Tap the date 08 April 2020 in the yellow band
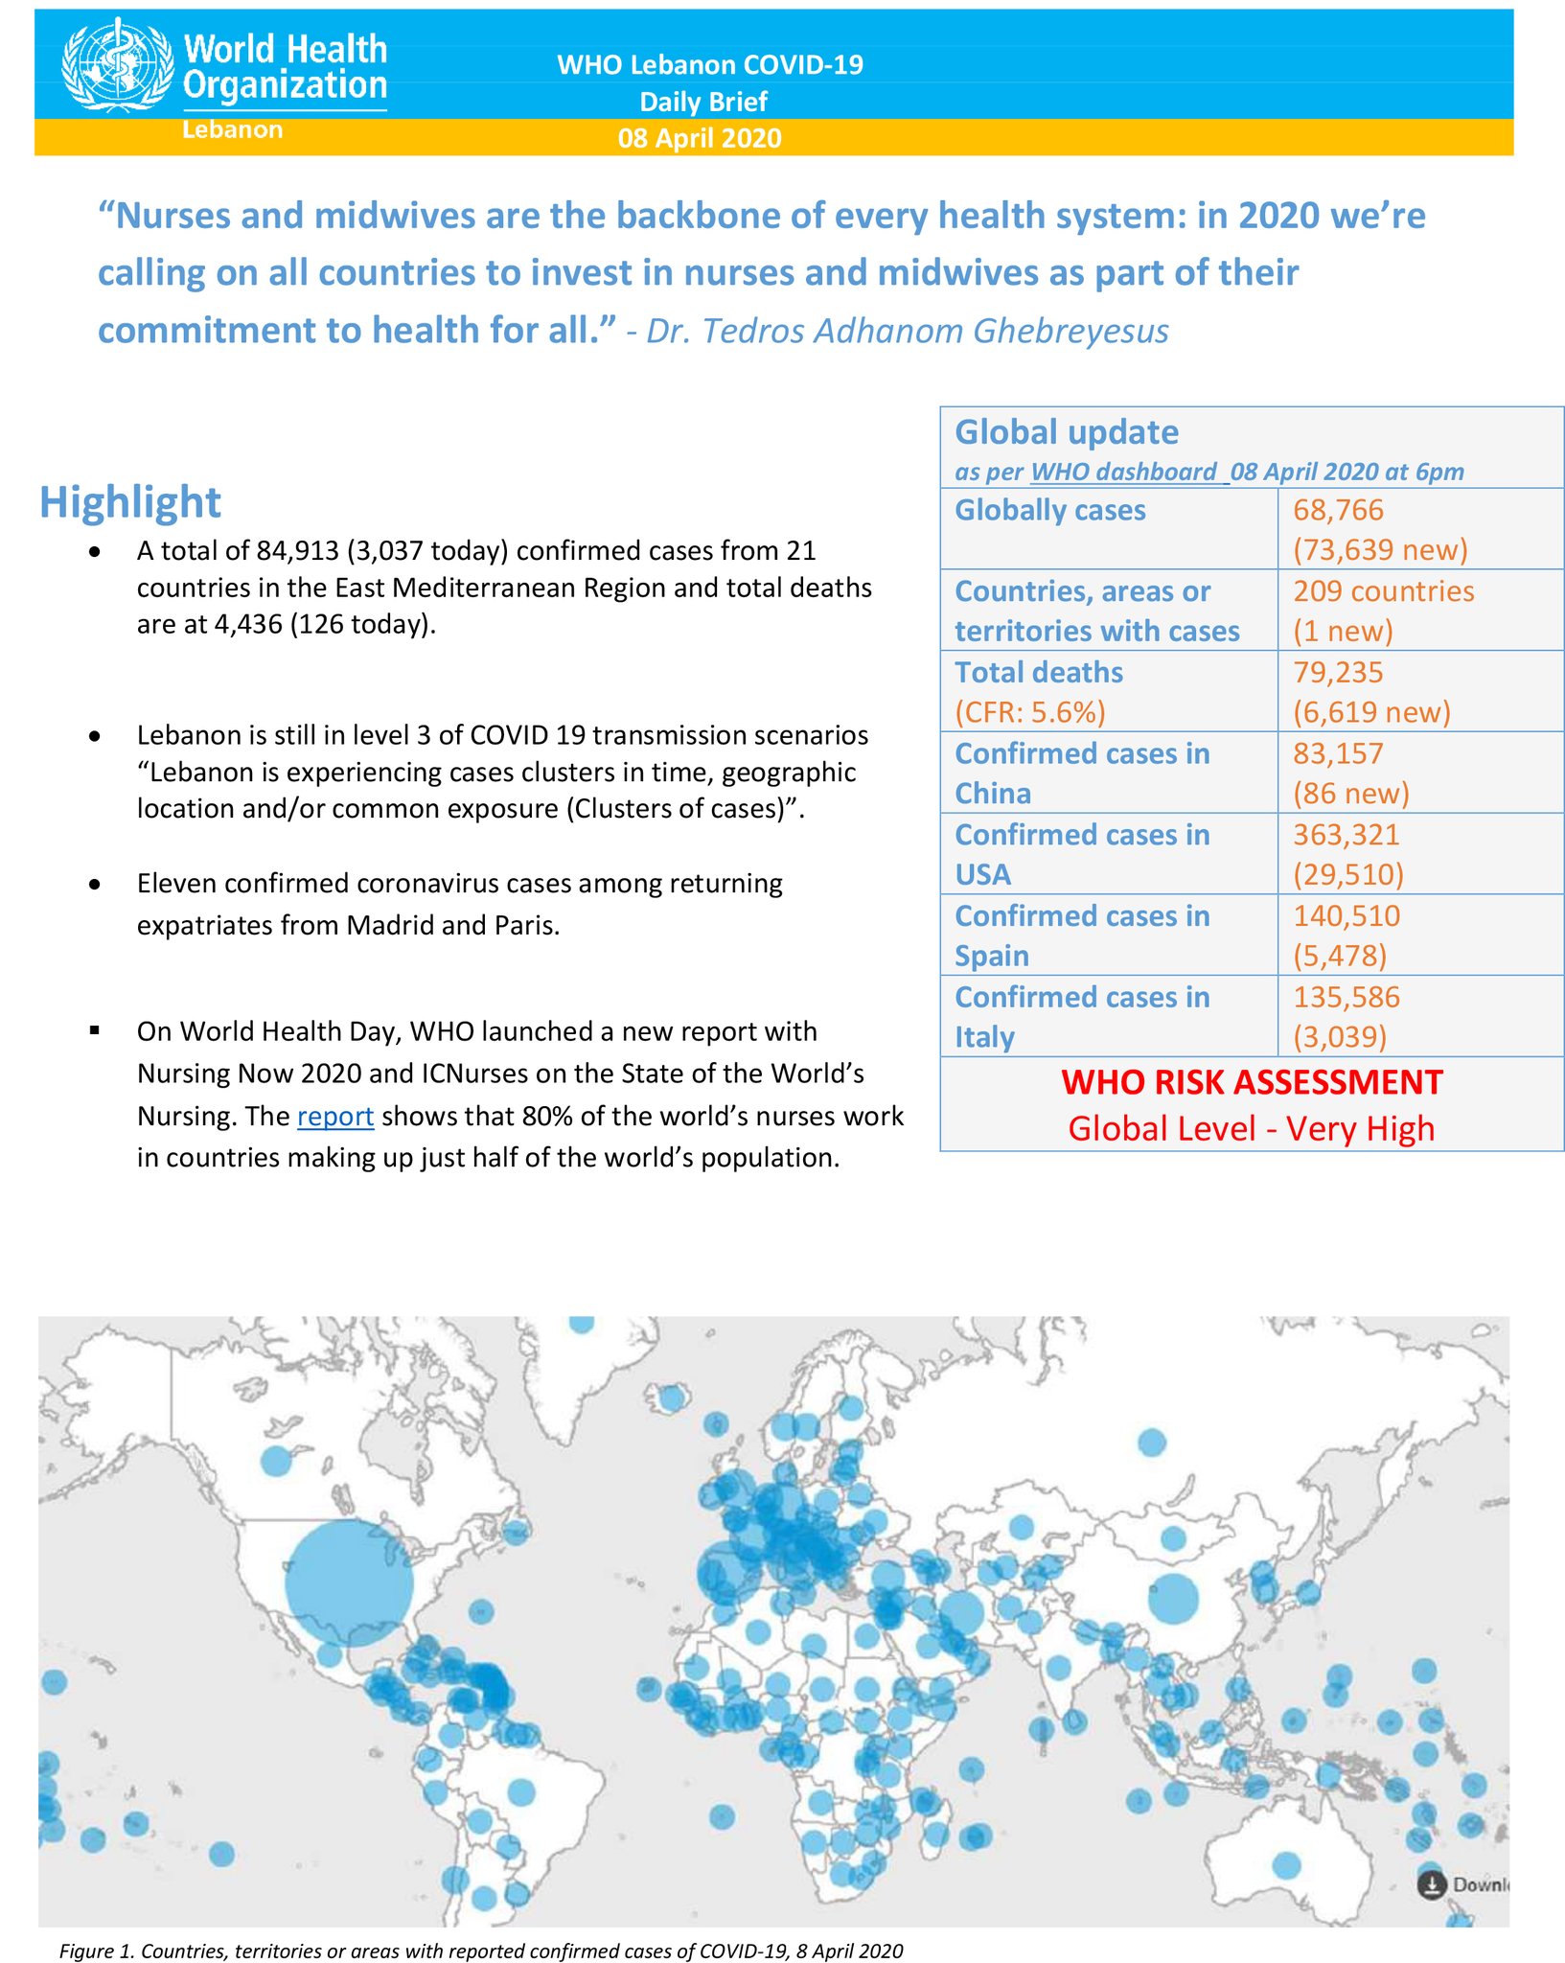[700, 138]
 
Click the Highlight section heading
[130, 502]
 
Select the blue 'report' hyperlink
[334, 1116]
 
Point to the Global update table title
[1067, 432]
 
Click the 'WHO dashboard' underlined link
[1123, 472]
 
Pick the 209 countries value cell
[1383, 591]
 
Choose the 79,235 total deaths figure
[1338, 672]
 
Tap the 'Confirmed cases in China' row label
[1081, 773]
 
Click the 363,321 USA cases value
[1346, 835]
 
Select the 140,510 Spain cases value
[1346, 915]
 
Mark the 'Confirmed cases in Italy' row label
[1081, 1016]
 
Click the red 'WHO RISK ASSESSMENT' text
[1252, 1082]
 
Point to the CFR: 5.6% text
[1030, 712]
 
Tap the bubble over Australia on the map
[1286, 1864]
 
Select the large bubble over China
[1173, 1599]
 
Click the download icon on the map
[1431, 1884]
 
